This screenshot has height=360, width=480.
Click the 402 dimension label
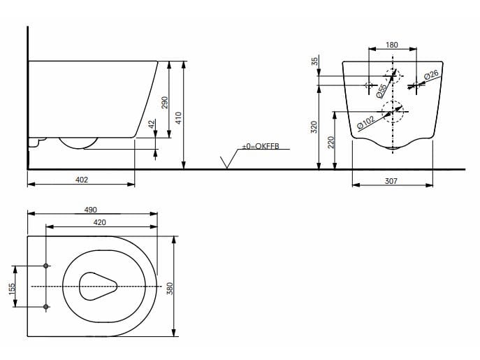coord(82,180)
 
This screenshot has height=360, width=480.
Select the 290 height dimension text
coord(165,102)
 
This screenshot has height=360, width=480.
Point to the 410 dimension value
coord(179,117)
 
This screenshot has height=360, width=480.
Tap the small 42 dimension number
coord(152,124)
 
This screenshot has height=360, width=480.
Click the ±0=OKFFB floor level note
coord(261,147)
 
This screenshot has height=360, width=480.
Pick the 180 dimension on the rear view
coord(392,45)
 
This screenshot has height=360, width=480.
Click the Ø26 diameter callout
coord(430,74)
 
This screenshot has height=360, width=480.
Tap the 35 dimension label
coord(314,62)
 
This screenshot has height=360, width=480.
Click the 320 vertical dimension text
coord(314,127)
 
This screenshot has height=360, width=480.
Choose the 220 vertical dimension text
coord(332,142)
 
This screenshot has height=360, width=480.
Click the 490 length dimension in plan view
coord(91,210)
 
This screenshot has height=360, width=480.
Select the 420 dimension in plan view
coord(99,222)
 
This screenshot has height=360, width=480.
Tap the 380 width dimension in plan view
coord(168,287)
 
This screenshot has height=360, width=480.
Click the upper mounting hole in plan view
coord(46,266)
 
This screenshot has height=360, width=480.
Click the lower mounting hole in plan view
coord(46,307)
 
